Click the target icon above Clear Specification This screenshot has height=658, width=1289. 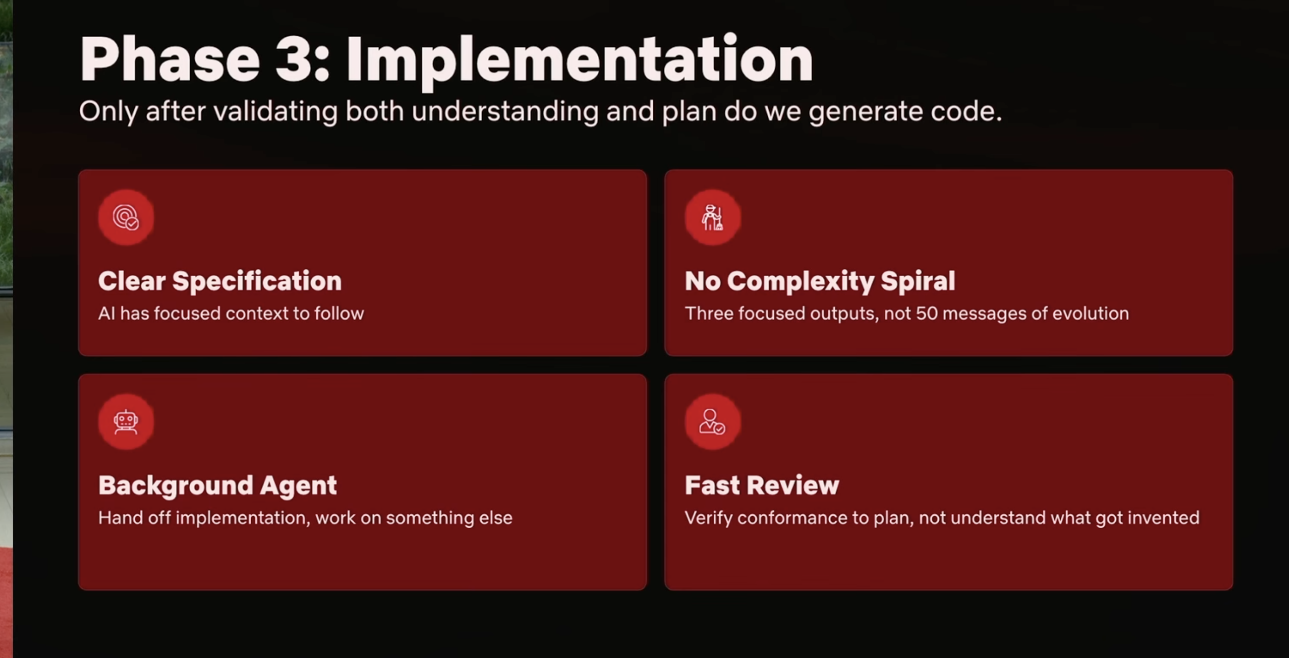(126, 217)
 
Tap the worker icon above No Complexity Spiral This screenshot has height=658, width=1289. (712, 217)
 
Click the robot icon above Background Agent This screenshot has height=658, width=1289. (126, 422)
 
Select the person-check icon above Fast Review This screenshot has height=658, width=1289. (712, 422)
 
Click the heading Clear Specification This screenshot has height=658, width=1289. (220, 281)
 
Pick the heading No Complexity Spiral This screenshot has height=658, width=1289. (820, 281)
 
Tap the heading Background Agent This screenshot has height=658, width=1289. (218, 485)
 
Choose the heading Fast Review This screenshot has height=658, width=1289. (761, 485)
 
